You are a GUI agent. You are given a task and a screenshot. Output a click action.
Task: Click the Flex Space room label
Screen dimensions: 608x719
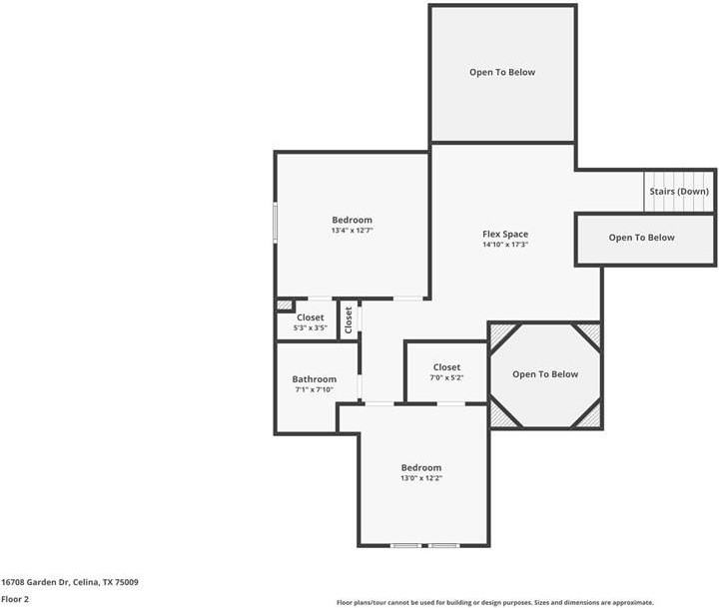tap(504, 234)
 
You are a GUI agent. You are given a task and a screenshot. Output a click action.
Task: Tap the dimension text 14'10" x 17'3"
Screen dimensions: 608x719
tap(504, 245)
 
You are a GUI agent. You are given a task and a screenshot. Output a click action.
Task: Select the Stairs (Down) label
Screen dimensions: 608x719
tap(679, 191)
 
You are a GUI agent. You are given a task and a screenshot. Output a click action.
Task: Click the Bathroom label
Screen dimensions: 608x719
tap(314, 379)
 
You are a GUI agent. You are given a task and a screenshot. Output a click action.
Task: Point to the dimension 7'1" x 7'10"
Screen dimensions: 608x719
tap(314, 389)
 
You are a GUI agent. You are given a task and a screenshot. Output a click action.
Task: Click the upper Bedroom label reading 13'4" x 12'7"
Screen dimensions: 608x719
tap(352, 220)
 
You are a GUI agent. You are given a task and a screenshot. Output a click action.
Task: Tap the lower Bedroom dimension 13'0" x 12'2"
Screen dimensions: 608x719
tap(420, 478)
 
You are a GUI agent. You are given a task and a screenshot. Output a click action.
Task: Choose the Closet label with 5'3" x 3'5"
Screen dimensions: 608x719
tap(310, 317)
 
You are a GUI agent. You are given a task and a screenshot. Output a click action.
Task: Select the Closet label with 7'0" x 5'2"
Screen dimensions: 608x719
tap(446, 367)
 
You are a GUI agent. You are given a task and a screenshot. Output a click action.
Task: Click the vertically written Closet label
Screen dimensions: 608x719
tap(349, 318)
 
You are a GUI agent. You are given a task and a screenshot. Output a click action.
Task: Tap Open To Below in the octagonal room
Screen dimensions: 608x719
tap(545, 374)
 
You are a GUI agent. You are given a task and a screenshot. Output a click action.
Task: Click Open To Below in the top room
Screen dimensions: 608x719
tap(502, 72)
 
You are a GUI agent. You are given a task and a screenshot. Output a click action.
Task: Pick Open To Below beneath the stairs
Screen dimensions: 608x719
tap(641, 238)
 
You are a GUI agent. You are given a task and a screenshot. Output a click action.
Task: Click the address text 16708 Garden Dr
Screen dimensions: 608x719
tap(70, 582)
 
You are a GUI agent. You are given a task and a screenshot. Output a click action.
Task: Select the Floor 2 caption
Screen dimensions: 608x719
tap(15, 599)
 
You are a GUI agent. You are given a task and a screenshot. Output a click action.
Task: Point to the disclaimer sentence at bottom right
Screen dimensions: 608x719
tap(494, 602)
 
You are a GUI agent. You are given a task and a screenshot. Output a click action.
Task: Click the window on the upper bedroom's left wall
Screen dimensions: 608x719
tap(276, 222)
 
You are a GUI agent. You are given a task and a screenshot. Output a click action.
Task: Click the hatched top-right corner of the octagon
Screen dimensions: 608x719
tap(590, 332)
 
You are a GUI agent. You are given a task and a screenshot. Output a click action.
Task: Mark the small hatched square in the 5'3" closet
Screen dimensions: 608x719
tap(285, 304)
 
